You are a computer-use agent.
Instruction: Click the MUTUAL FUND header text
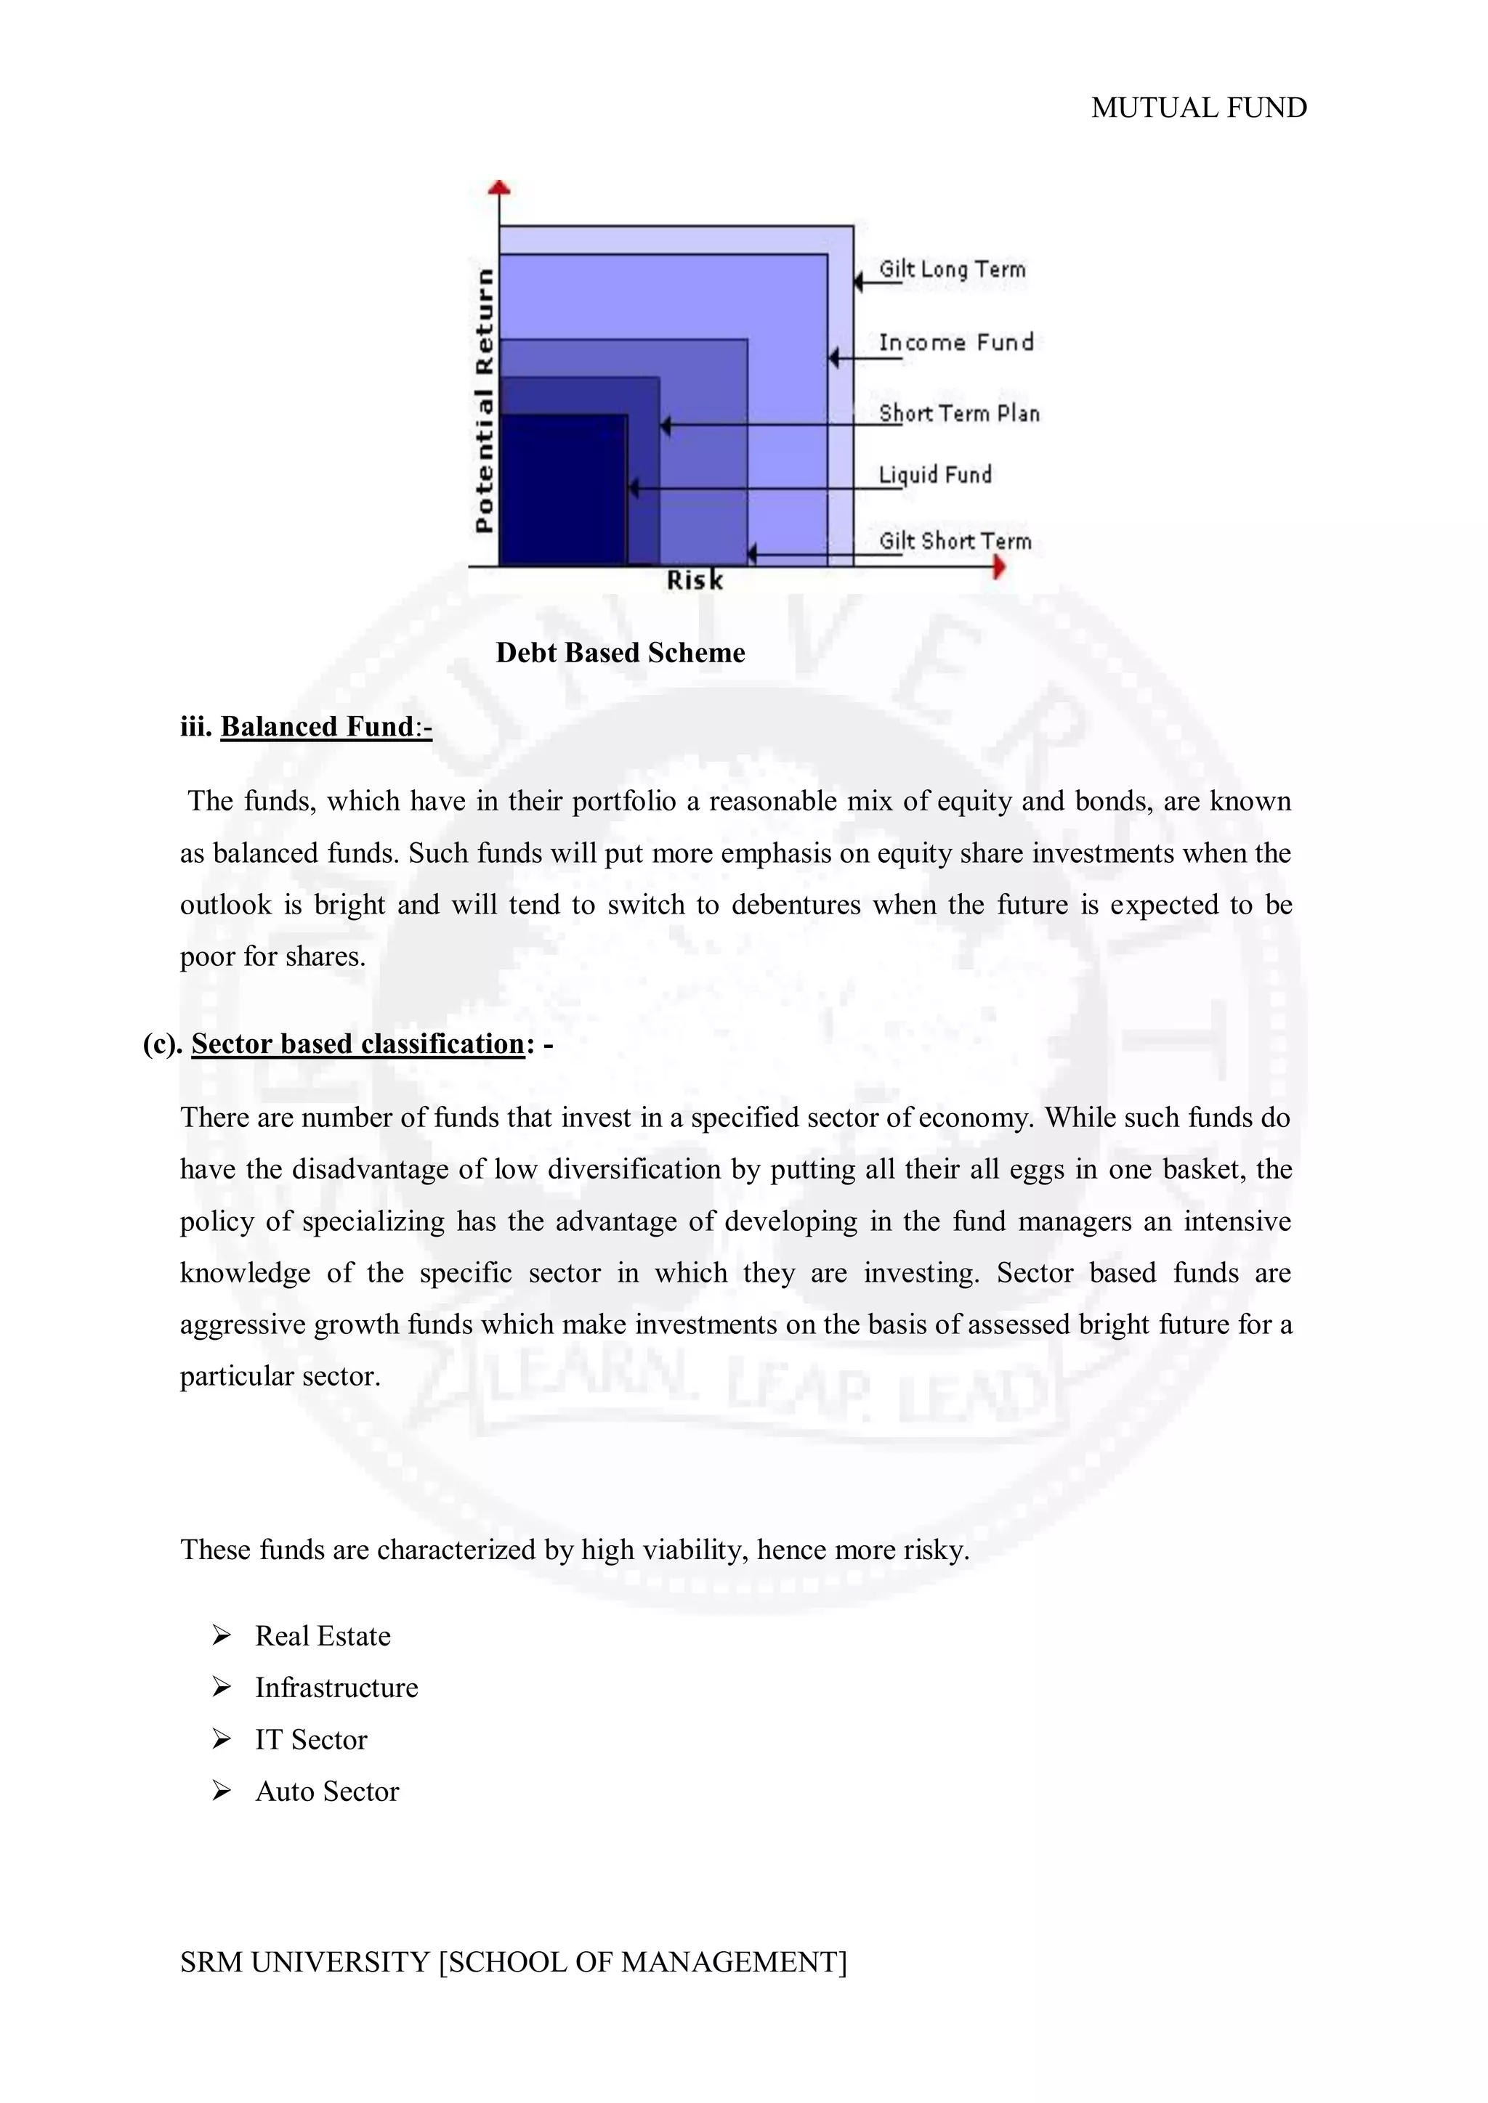[x=1197, y=108]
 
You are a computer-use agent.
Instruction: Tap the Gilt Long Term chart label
[x=952, y=269]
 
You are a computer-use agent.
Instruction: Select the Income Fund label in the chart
[x=955, y=343]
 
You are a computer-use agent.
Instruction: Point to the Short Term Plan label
[x=958, y=414]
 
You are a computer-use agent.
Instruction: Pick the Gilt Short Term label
[x=955, y=541]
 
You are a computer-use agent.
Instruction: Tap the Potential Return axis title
[x=484, y=399]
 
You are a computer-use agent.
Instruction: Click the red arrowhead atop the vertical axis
[x=499, y=188]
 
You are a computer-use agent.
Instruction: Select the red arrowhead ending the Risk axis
[x=999, y=567]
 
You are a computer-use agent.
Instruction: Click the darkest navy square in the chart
[x=562, y=489]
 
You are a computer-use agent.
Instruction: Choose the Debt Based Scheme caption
[x=620, y=653]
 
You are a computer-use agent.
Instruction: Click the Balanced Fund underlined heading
[x=317, y=726]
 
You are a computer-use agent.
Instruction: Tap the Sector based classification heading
[x=357, y=1044]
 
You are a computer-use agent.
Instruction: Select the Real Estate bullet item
[x=323, y=1636]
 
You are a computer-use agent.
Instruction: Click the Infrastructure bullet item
[x=336, y=1688]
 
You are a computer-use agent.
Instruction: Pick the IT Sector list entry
[x=311, y=1739]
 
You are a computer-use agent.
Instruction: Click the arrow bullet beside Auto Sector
[x=221, y=1791]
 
